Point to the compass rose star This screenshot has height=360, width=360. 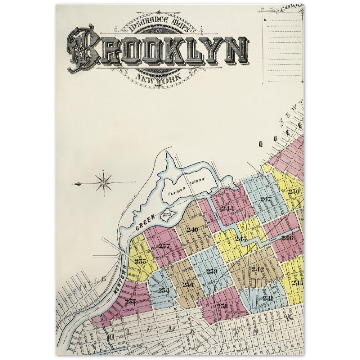coord(104,183)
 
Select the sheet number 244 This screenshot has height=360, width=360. coord(228,208)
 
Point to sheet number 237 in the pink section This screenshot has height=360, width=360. coord(164,246)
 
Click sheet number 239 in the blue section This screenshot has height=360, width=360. coord(212,271)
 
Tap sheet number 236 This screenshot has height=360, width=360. coord(188,285)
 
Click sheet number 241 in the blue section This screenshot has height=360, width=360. coord(268,298)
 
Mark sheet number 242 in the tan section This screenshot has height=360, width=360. coord(258,269)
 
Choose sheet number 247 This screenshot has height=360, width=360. coord(266,199)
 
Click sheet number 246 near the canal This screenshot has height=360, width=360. coord(287,238)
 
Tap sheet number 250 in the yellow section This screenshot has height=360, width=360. coord(294,192)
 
